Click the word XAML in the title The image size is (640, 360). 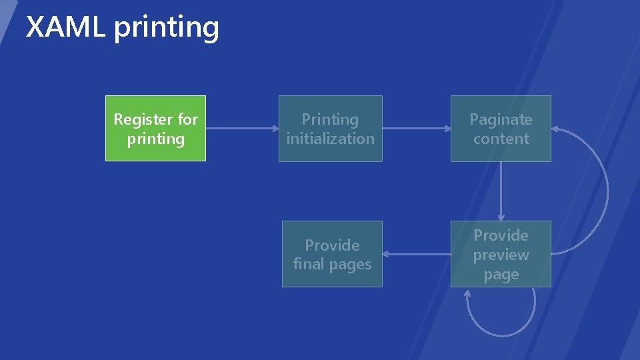tap(65, 27)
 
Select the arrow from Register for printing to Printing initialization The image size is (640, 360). tap(242, 128)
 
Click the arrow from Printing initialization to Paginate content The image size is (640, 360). tap(417, 128)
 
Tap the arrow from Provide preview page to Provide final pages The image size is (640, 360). tap(417, 254)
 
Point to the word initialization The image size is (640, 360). tap(330, 139)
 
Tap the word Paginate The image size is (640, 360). tap(501, 119)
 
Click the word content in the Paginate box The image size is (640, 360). tap(501, 139)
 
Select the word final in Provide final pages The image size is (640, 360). tap(308, 264)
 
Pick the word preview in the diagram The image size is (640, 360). tap(501, 255)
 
